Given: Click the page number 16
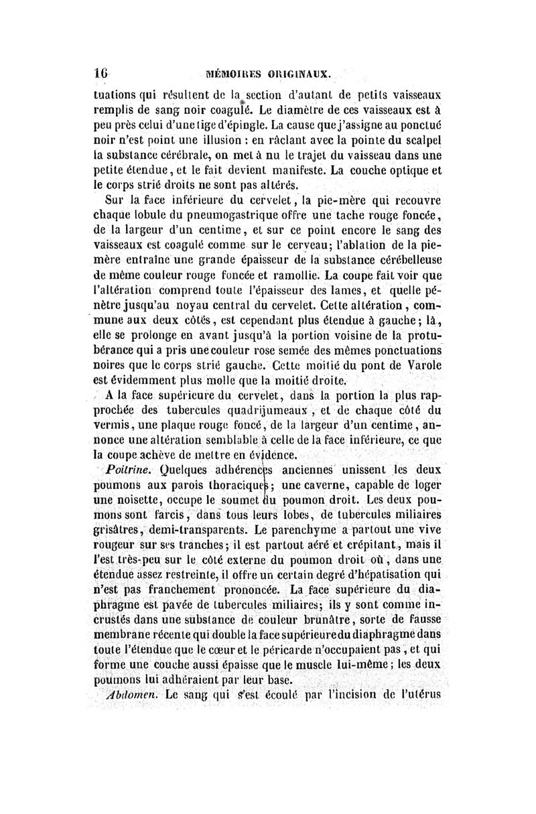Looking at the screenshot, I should (x=101, y=71).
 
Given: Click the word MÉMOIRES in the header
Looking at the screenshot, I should (x=239, y=72).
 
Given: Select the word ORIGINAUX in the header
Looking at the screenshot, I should (x=305, y=72).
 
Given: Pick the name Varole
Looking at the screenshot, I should (x=421, y=365).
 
